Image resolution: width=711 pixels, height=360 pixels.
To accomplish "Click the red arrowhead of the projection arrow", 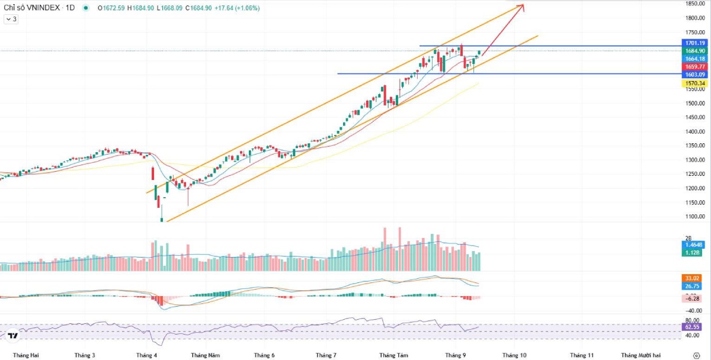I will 521,7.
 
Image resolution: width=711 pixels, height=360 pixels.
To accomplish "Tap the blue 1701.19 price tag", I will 694,43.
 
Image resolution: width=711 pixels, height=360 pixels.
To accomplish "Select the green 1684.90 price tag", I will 694,51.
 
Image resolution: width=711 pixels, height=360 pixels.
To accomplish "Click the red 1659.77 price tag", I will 694,67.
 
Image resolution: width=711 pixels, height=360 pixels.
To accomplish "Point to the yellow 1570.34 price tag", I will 694,83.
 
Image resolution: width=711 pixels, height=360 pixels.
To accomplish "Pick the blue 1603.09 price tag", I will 694,75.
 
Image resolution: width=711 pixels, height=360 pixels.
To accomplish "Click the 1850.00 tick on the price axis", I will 694,4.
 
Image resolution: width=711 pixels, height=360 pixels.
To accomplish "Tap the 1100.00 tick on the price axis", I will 694,217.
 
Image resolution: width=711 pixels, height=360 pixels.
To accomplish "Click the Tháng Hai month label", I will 25,355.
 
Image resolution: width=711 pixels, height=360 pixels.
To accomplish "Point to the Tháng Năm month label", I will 205,355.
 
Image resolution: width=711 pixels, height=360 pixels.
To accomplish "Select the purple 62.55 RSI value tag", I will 692,326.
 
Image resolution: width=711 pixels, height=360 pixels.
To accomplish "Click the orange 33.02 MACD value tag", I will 692,278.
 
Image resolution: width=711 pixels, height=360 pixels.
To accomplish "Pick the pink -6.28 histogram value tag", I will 692,298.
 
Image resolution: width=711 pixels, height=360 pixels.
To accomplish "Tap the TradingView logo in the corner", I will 13,336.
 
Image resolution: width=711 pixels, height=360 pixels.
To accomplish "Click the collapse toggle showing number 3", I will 11,19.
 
